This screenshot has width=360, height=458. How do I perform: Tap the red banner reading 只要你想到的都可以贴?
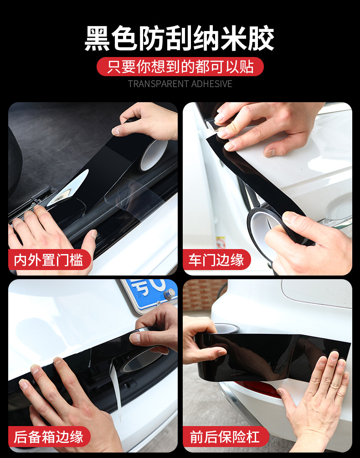pyautogui.click(x=180, y=67)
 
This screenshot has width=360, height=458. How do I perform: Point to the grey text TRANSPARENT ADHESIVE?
pyautogui.click(x=180, y=84)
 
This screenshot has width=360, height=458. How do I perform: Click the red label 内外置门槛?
pyautogui.click(x=49, y=260)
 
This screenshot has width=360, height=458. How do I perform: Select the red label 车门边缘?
pyautogui.click(x=216, y=260)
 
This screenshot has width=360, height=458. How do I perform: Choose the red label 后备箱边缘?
pyautogui.click(x=49, y=437)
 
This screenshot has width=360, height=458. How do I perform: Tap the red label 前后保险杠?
pyautogui.click(x=225, y=437)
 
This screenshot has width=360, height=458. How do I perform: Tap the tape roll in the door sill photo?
pyautogui.click(x=154, y=154)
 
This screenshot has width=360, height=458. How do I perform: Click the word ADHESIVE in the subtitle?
pyautogui.click(x=212, y=84)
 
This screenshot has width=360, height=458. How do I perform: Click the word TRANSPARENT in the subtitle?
pyautogui.click(x=159, y=84)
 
